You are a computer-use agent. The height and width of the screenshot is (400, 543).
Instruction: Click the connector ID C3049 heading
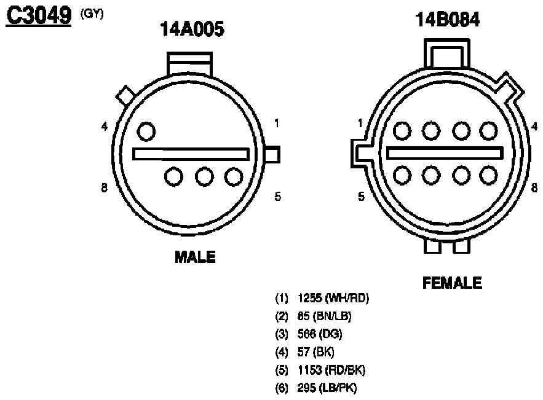pos(39,15)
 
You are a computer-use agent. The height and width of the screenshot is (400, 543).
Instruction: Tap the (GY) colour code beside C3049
pos(92,14)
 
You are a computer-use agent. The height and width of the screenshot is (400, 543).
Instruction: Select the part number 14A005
pos(192,29)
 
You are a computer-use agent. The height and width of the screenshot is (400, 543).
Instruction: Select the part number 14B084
pos(448,20)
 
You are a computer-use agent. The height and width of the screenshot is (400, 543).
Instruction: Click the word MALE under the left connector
pos(195,257)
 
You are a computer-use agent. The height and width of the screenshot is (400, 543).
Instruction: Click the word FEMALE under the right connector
pos(452,283)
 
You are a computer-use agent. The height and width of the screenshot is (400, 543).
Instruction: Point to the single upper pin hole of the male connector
pos(146,131)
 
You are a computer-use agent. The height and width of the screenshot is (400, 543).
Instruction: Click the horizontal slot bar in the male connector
pos(191,154)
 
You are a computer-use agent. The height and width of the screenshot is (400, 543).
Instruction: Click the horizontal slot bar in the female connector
pos(445,153)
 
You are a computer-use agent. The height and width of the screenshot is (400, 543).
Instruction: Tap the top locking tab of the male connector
pos(189,64)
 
